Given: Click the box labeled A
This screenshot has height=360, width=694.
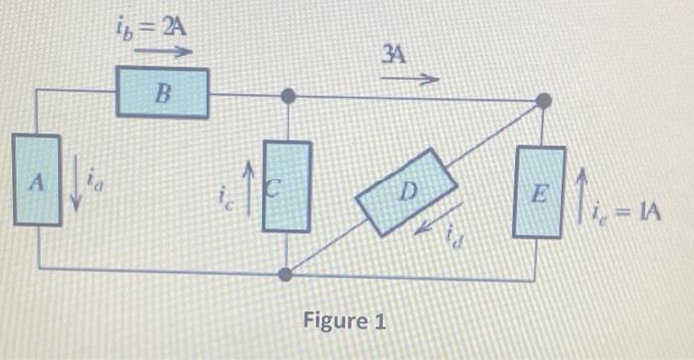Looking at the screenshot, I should pyautogui.click(x=37, y=182).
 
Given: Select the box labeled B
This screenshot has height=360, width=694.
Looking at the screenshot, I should pyautogui.click(x=163, y=93).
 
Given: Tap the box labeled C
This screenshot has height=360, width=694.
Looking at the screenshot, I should pyautogui.click(x=287, y=185).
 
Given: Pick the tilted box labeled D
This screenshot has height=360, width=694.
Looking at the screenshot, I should pyautogui.click(x=405, y=191).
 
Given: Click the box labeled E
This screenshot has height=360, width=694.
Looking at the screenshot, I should pyautogui.click(x=538, y=191).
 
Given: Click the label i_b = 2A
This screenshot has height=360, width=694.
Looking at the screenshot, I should pyautogui.click(x=151, y=24).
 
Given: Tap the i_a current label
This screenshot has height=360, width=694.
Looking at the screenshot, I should pyautogui.click(x=95, y=180).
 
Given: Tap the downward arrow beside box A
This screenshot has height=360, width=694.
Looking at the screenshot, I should pyautogui.click(x=76, y=185).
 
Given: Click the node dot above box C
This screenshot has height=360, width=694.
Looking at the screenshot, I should pyautogui.click(x=288, y=97).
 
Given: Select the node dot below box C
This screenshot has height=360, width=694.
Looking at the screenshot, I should pyautogui.click(x=287, y=274).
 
